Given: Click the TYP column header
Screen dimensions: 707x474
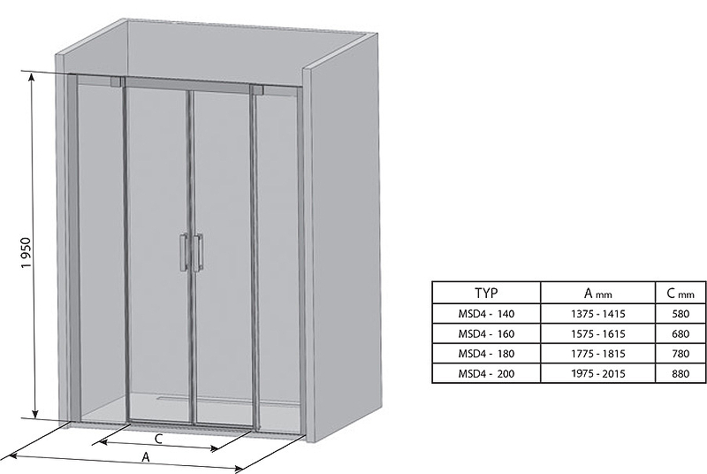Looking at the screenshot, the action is tap(486, 293).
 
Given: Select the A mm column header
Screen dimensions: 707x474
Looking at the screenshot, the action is tap(598, 294).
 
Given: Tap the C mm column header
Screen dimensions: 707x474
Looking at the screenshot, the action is tap(680, 294).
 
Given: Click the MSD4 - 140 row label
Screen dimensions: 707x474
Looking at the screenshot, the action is tap(486, 313).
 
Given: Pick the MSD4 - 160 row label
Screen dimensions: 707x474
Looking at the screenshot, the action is tap(486, 333).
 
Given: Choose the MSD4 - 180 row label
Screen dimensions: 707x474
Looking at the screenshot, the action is tap(486, 354).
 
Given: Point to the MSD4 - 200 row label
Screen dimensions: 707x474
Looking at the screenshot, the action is tap(486, 373).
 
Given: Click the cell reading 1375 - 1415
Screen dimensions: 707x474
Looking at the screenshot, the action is tap(598, 313).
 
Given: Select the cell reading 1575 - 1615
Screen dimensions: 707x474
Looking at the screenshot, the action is tap(598, 333).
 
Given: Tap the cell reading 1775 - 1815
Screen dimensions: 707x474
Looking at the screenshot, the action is tap(598, 354).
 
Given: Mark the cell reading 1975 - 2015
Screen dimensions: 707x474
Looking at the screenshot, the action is tap(598, 373).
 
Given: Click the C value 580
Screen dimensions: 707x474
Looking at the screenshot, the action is tap(680, 313).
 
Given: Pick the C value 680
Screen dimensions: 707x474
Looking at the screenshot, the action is tap(680, 333).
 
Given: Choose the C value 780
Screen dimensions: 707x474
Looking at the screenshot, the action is tap(680, 354).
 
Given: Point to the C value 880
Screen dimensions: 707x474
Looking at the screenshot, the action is tap(680, 373).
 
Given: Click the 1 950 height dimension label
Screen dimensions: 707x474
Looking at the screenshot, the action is tap(27, 253).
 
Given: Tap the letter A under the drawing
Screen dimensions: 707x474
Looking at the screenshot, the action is tap(146, 457).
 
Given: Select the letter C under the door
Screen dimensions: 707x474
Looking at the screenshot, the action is tap(158, 439).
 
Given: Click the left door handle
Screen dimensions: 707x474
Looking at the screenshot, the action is tap(184, 252).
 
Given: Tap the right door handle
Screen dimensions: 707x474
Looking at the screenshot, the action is tap(198, 253).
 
